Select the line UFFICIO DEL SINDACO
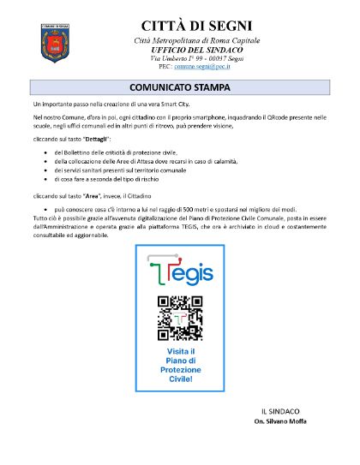(180, 50)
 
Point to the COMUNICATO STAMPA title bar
(180, 87)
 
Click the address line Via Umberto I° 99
(180, 58)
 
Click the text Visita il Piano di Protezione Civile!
(180, 364)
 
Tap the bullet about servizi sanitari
(119, 170)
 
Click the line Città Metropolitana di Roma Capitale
(180, 41)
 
